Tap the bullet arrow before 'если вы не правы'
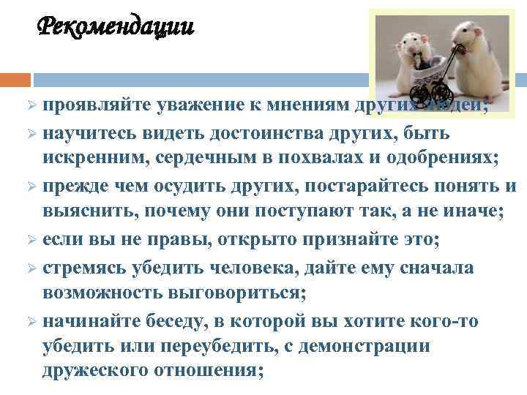click(x=31, y=239)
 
